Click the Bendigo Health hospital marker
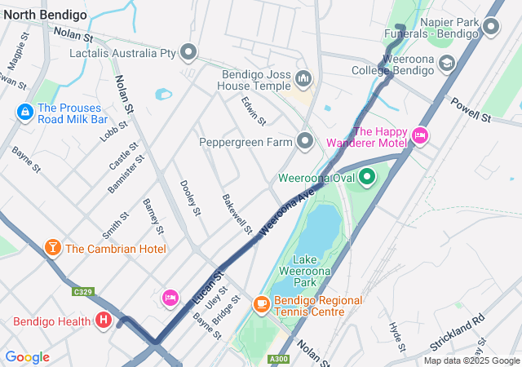pos(103,321)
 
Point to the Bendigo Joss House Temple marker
pos(303,79)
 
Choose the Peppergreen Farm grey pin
pos(305,142)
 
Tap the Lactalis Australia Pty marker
pos(189,54)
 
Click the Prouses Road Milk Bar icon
pos(24,112)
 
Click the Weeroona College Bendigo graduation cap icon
pos(446,63)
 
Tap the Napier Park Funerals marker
pos(490,29)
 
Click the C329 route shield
pos(82,291)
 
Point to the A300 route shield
pos(279,358)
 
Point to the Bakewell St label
pos(237,211)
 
